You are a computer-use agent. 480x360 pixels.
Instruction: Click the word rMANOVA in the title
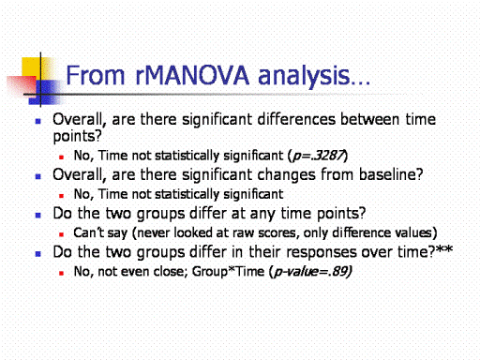click(x=192, y=76)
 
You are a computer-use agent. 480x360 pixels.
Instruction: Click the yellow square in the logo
click(x=32, y=67)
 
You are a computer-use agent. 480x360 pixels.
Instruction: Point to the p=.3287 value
click(x=317, y=156)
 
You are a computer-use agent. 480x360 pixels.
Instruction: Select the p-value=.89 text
click(x=312, y=272)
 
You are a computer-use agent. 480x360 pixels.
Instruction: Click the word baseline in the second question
click(x=387, y=174)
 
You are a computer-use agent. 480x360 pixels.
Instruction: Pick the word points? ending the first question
click(x=78, y=137)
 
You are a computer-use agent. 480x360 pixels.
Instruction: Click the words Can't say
click(x=100, y=232)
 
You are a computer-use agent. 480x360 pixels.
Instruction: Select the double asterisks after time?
click(x=444, y=249)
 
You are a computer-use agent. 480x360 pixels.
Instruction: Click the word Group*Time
click(x=228, y=271)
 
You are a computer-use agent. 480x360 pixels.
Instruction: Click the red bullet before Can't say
click(x=61, y=234)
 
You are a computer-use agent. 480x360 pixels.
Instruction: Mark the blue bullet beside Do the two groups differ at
click(x=38, y=215)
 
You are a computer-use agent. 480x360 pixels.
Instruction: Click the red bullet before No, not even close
click(x=61, y=273)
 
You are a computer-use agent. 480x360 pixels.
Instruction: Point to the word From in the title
click(x=96, y=76)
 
